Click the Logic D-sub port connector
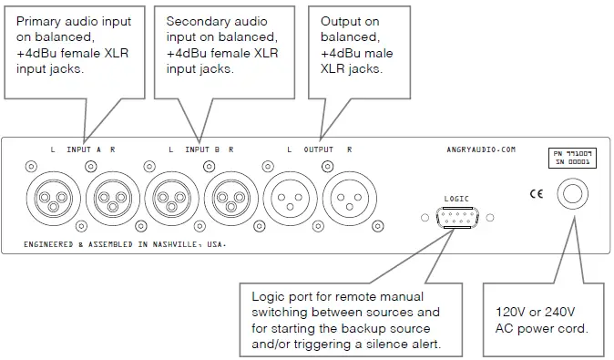click(x=456, y=218)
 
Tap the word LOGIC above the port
click(x=456, y=198)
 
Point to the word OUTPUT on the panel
click(x=318, y=149)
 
